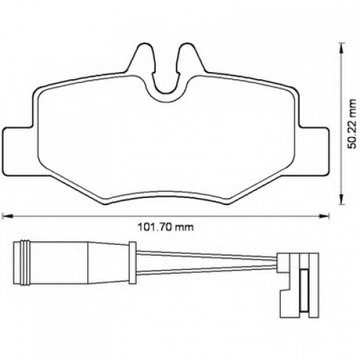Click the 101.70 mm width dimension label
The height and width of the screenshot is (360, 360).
tap(166, 227)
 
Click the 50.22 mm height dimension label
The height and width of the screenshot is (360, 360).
tap(353, 123)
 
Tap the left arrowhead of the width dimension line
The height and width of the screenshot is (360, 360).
tap(6, 216)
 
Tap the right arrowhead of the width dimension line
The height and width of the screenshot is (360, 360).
tap(325, 216)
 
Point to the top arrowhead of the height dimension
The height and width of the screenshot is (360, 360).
tap(341, 48)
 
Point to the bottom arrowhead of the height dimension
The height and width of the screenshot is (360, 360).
tap(341, 199)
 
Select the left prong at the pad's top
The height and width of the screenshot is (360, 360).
tap(141, 58)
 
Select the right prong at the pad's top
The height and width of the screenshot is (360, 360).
tap(190, 58)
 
